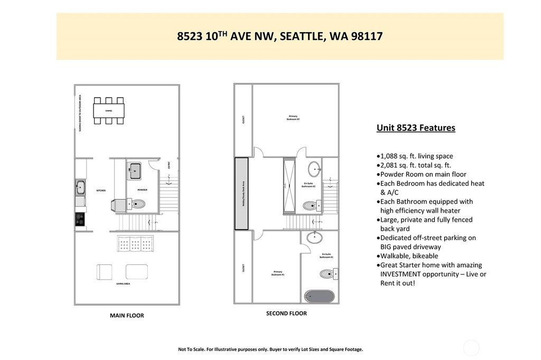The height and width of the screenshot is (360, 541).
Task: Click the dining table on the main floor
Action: click(109, 111)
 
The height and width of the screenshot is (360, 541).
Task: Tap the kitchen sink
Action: click(81, 186)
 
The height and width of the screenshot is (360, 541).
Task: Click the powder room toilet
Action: click(138, 204)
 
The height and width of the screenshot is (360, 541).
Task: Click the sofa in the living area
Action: click(136, 244)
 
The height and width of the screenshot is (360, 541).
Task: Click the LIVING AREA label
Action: click(123, 284)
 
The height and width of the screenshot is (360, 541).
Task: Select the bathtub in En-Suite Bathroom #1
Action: click(319, 296)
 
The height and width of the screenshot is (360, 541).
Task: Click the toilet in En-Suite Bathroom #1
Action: click(328, 273)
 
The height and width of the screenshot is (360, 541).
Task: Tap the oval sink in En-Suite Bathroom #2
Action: click(314, 169)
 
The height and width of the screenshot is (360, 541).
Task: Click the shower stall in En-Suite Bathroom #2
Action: click(290, 185)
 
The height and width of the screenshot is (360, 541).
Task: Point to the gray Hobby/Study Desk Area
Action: click(241, 194)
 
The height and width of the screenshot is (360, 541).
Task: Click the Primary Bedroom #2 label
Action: click(294, 118)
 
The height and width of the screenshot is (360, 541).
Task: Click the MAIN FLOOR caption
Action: click(126, 316)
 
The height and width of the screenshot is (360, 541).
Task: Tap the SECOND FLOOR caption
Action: click(286, 313)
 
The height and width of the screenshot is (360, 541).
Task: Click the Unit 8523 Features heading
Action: click(415, 128)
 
